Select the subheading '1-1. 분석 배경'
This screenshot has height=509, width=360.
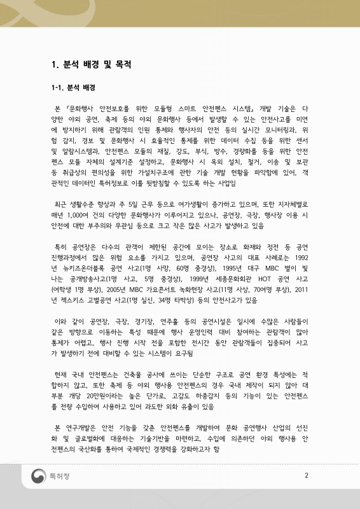[x=73, y=87]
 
